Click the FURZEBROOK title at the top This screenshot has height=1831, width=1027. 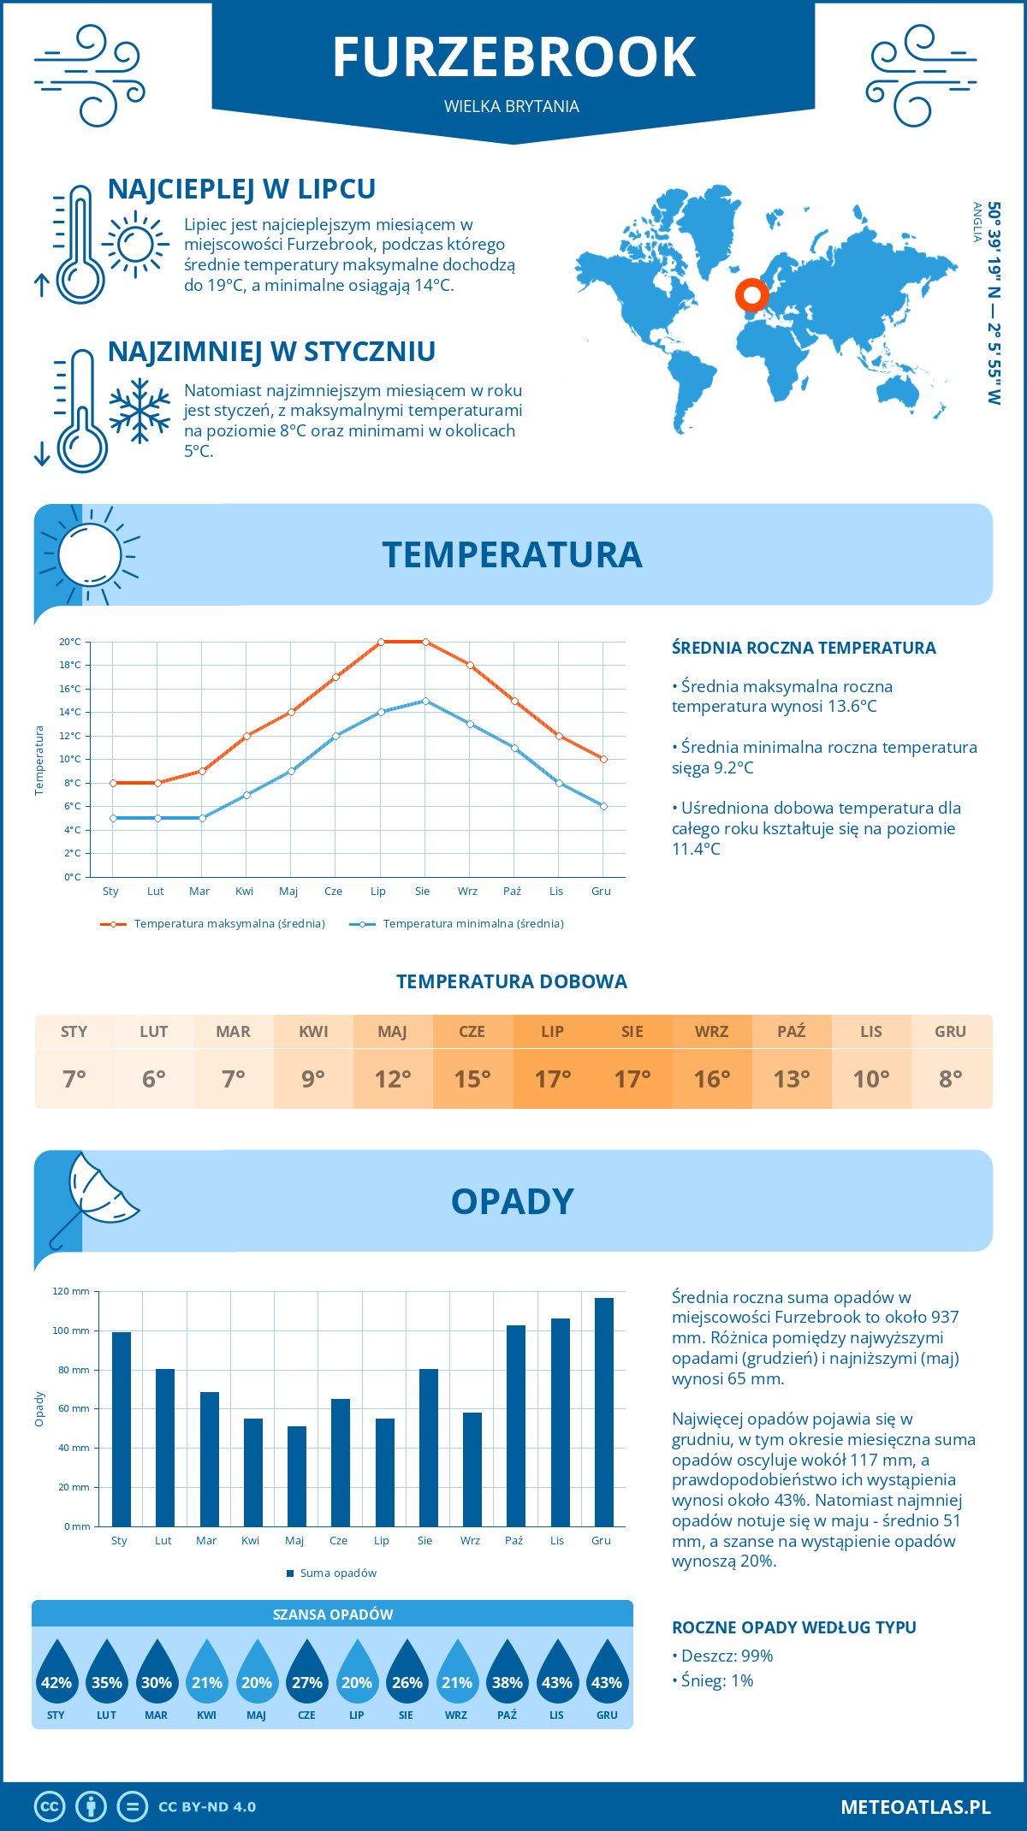tap(513, 57)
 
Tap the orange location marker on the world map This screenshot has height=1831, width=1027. tap(751, 295)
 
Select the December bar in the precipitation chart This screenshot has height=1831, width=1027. tap(603, 1412)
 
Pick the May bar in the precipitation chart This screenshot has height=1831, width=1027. tap(296, 1476)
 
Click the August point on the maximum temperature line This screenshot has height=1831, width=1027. tap(425, 642)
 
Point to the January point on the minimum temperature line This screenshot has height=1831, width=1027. tap(113, 818)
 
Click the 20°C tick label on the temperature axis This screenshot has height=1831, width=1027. tap(70, 642)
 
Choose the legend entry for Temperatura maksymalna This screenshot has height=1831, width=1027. tap(213, 924)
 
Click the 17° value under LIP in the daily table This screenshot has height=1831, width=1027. tap(552, 1079)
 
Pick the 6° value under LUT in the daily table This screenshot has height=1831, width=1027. tap(154, 1079)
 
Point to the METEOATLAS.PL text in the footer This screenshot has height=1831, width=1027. tap(915, 1807)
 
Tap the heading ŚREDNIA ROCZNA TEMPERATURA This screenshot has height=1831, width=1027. tap(804, 648)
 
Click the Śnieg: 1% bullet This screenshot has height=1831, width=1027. tap(713, 1680)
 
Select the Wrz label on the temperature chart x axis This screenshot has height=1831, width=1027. tap(467, 891)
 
